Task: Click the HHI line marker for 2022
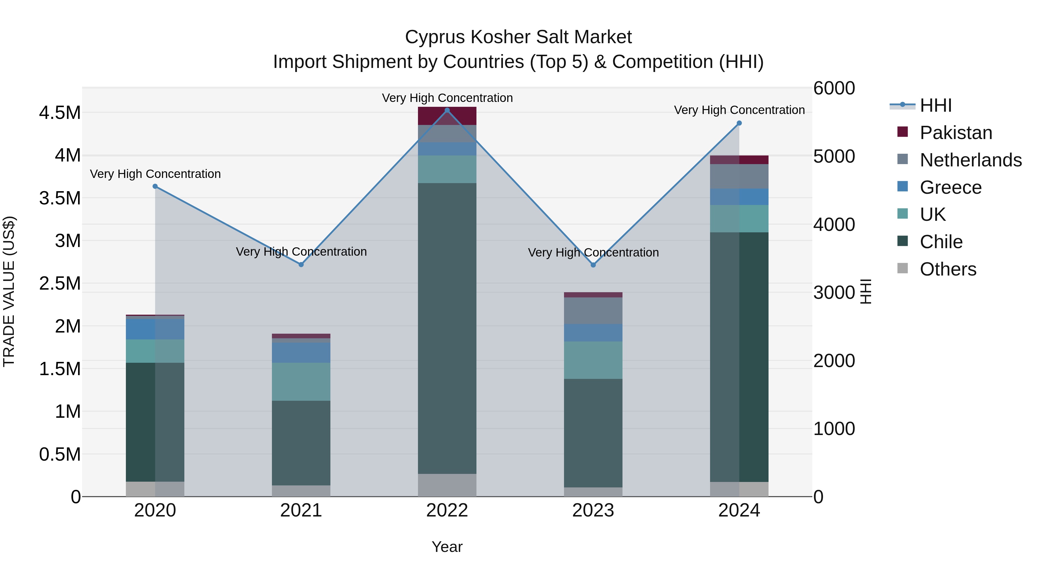pos(447,110)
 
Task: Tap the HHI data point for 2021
pos(301,264)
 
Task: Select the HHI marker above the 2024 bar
pos(739,123)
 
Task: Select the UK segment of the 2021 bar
pos(301,381)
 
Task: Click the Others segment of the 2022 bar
pos(447,485)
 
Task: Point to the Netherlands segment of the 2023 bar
pos(593,311)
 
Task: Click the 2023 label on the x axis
pos(593,510)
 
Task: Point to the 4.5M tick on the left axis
pos(60,113)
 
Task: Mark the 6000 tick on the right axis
pos(834,88)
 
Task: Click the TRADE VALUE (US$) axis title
pos(9,291)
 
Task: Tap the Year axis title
pos(447,547)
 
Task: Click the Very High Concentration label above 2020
pos(155,174)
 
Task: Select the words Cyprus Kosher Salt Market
pos(518,37)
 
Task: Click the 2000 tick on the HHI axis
pos(834,360)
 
